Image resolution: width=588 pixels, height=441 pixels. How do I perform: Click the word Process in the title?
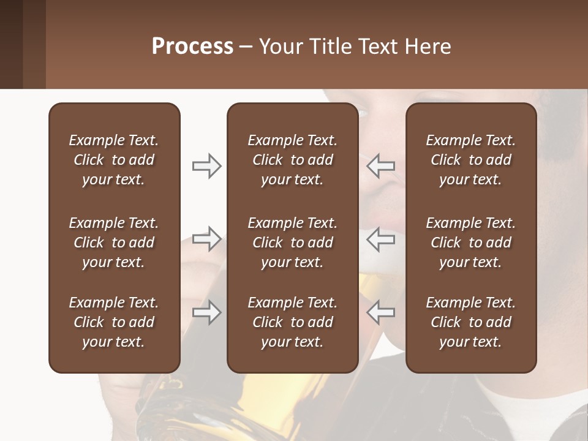coord(192,47)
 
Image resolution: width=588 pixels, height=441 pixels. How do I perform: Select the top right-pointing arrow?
coord(206,165)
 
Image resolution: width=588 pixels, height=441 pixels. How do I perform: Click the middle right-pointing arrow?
coord(206,238)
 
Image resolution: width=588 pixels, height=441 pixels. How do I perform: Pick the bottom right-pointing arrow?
coord(206,312)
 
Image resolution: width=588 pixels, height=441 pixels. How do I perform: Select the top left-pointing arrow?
coord(381,165)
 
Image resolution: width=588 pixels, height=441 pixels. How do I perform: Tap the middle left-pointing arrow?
coord(381,238)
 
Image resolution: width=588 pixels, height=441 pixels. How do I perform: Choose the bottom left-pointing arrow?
coord(381,312)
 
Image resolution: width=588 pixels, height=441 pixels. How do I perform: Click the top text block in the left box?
coord(114,160)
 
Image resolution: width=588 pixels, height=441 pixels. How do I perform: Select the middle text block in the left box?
coord(114,243)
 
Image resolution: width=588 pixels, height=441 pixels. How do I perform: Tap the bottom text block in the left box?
coord(114,322)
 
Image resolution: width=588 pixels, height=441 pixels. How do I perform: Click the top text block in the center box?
coord(292,160)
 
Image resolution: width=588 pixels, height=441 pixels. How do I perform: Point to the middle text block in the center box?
coord(292,243)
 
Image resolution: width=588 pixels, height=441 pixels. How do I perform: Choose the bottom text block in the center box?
coord(292,322)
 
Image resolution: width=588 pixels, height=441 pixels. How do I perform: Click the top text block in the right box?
coord(470,160)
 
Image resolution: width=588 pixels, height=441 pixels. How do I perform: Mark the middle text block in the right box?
coord(470,243)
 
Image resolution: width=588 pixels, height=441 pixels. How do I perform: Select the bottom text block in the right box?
coord(470,322)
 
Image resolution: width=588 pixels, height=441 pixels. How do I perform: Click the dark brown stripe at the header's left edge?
coord(11,44)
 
